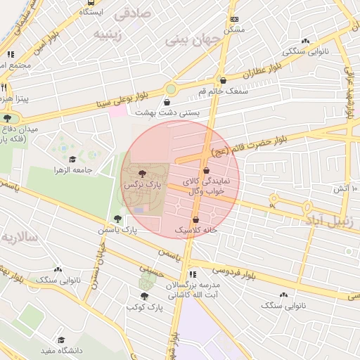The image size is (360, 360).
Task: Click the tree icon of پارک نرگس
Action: [x=144, y=172]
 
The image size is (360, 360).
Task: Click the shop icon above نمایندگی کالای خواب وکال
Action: [x=206, y=171]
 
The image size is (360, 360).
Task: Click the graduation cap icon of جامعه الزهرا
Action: [x=73, y=159]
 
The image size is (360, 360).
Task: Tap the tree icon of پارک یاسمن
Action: [x=117, y=219]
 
